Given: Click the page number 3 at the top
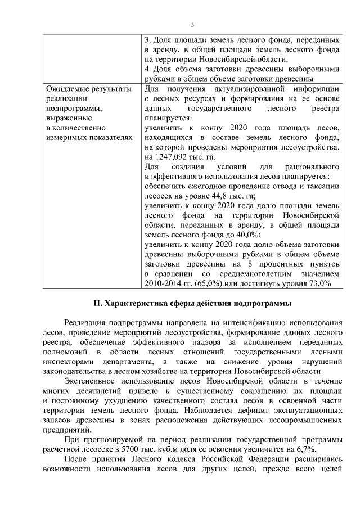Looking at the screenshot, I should [192, 25].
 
